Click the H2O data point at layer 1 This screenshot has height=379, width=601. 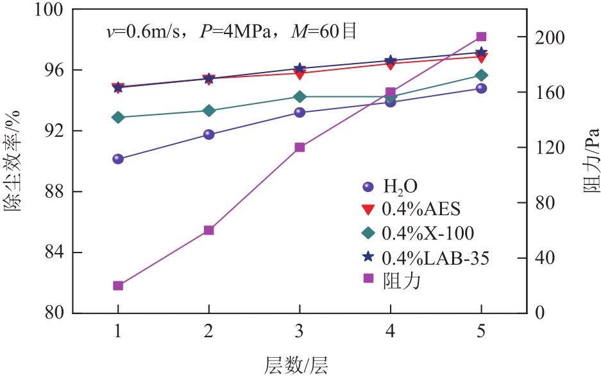[118, 159]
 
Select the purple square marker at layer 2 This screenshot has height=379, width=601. [209, 230]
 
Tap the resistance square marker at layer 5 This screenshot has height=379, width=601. [482, 37]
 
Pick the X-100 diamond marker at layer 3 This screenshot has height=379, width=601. [300, 96]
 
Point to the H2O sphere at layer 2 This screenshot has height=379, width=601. [209, 134]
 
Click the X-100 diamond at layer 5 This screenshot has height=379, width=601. [482, 75]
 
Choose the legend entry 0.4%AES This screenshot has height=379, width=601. [421, 209]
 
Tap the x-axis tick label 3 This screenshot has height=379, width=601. [300, 331]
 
